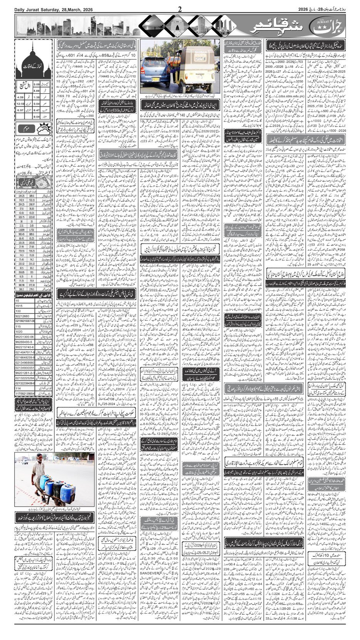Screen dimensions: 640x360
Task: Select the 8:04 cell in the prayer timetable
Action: tap(35, 116)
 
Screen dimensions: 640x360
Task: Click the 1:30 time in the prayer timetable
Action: tap(35, 97)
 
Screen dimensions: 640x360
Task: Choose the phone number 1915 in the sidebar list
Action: tap(19, 305)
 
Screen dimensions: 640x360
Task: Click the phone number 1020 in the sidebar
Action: tap(19, 331)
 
